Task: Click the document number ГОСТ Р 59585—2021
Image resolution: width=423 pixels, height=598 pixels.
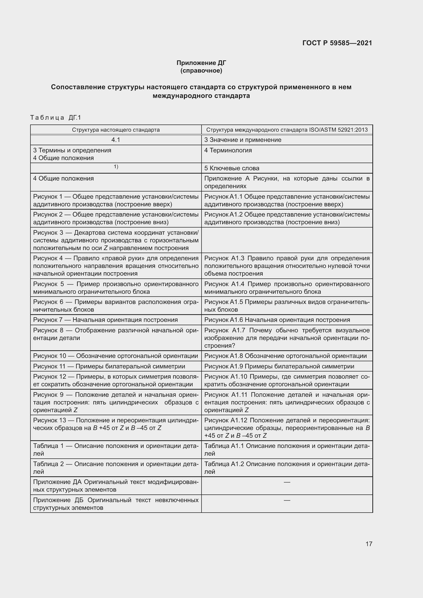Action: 337,43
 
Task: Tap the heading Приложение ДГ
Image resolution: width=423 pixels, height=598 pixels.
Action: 201,63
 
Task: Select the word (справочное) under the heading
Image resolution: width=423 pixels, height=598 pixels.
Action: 201,71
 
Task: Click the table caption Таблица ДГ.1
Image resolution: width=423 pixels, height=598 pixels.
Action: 56,118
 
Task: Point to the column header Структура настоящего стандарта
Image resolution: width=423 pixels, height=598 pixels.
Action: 116,130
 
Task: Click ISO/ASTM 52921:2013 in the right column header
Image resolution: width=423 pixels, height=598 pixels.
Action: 338,130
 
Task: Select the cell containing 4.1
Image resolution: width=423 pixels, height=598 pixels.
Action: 116,140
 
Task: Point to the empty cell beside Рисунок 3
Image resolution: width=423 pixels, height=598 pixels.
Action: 287,240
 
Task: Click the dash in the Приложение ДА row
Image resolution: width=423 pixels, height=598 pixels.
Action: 287,482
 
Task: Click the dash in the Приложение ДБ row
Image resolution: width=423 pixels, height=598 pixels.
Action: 287,500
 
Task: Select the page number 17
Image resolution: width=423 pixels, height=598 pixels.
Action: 369,544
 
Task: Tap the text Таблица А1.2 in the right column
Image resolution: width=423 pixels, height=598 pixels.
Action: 224,464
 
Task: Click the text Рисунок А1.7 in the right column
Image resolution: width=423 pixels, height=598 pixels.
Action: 225,330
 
